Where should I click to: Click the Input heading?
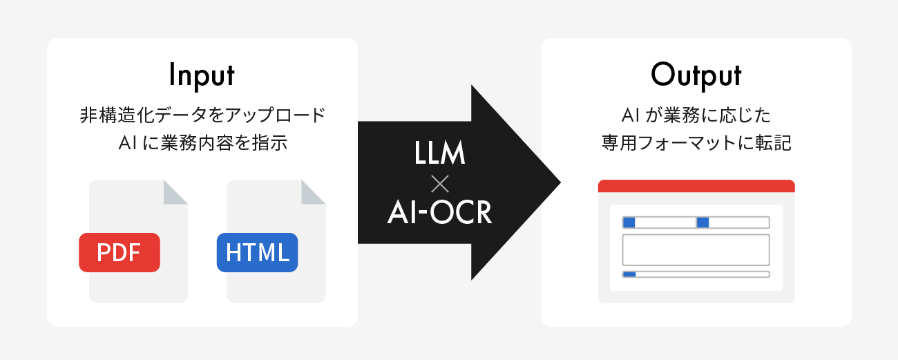(x=202, y=75)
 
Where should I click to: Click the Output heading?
(x=696, y=75)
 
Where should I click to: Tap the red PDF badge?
(x=120, y=252)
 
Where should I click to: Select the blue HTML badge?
(x=257, y=252)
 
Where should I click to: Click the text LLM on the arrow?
(x=439, y=153)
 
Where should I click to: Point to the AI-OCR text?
(x=439, y=214)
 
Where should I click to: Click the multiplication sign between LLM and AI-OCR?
(x=439, y=184)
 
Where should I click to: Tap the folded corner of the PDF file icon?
(x=175, y=192)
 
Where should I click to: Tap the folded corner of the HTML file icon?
(x=313, y=192)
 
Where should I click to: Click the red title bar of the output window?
(x=696, y=186)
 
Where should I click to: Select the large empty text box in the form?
(x=696, y=249)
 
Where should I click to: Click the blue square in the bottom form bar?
(x=629, y=274)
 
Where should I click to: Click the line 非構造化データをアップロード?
(x=202, y=115)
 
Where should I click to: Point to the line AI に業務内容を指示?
(x=202, y=143)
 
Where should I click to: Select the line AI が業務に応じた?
(x=696, y=115)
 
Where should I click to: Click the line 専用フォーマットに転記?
(x=696, y=143)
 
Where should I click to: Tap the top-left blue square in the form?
(x=629, y=222)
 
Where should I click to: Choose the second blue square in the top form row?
(x=703, y=222)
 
